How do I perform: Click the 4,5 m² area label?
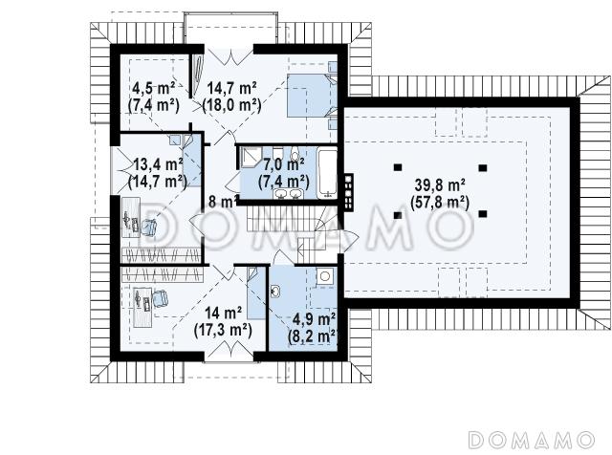pyautogui.click(x=153, y=89)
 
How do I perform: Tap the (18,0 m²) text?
pyautogui.click(x=231, y=105)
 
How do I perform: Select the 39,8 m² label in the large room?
pyautogui.click(x=440, y=185)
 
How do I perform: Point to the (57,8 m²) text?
pyautogui.click(x=440, y=202)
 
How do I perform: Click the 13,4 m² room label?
pyautogui.click(x=159, y=164)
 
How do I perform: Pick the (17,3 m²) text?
pyautogui.click(x=223, y=330)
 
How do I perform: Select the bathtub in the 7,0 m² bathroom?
pyautogui.click(x=327, y=173)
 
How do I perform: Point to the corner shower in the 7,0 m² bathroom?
pyautogui.click(x=249, y=158)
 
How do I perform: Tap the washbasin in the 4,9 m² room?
pyautogui.click(x=275, y=290)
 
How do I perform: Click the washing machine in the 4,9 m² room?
pyautogui.click(x=325, y=276)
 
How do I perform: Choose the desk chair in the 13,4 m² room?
pyautogui.click(x=148, y=227)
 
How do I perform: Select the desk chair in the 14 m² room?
pyautogui.click(x=160, y=298)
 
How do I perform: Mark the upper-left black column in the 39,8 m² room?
pyautogui.click(x=398, y=167)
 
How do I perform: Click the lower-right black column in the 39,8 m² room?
pyautogui.click(x=483, y=213)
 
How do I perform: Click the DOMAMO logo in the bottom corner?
pyautogui.click(x=531, y=440)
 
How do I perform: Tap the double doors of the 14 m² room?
pyautogui.click(x=229, y=350)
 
